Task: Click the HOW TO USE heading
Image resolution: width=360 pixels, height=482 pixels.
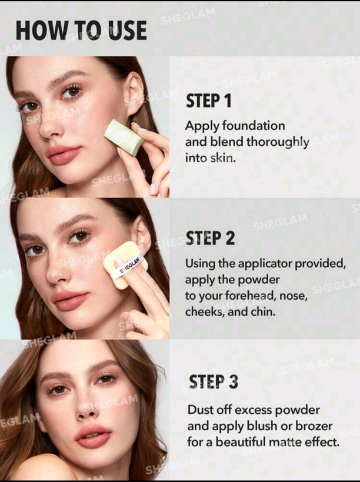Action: tap(81, 31)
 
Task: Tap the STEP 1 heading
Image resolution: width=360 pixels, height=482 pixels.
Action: tap(208, 101)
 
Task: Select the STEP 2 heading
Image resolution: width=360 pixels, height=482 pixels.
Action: tap(210, 238)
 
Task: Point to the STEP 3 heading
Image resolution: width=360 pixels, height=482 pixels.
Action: tap(213, 381)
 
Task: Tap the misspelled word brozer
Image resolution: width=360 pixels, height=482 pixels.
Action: tap(314, 426)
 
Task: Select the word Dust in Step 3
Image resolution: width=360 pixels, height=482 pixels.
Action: tap(200, 410)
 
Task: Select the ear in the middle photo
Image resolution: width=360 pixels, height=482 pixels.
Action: tap(142, 235)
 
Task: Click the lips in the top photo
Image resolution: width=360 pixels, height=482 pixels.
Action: tap(64, 155)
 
